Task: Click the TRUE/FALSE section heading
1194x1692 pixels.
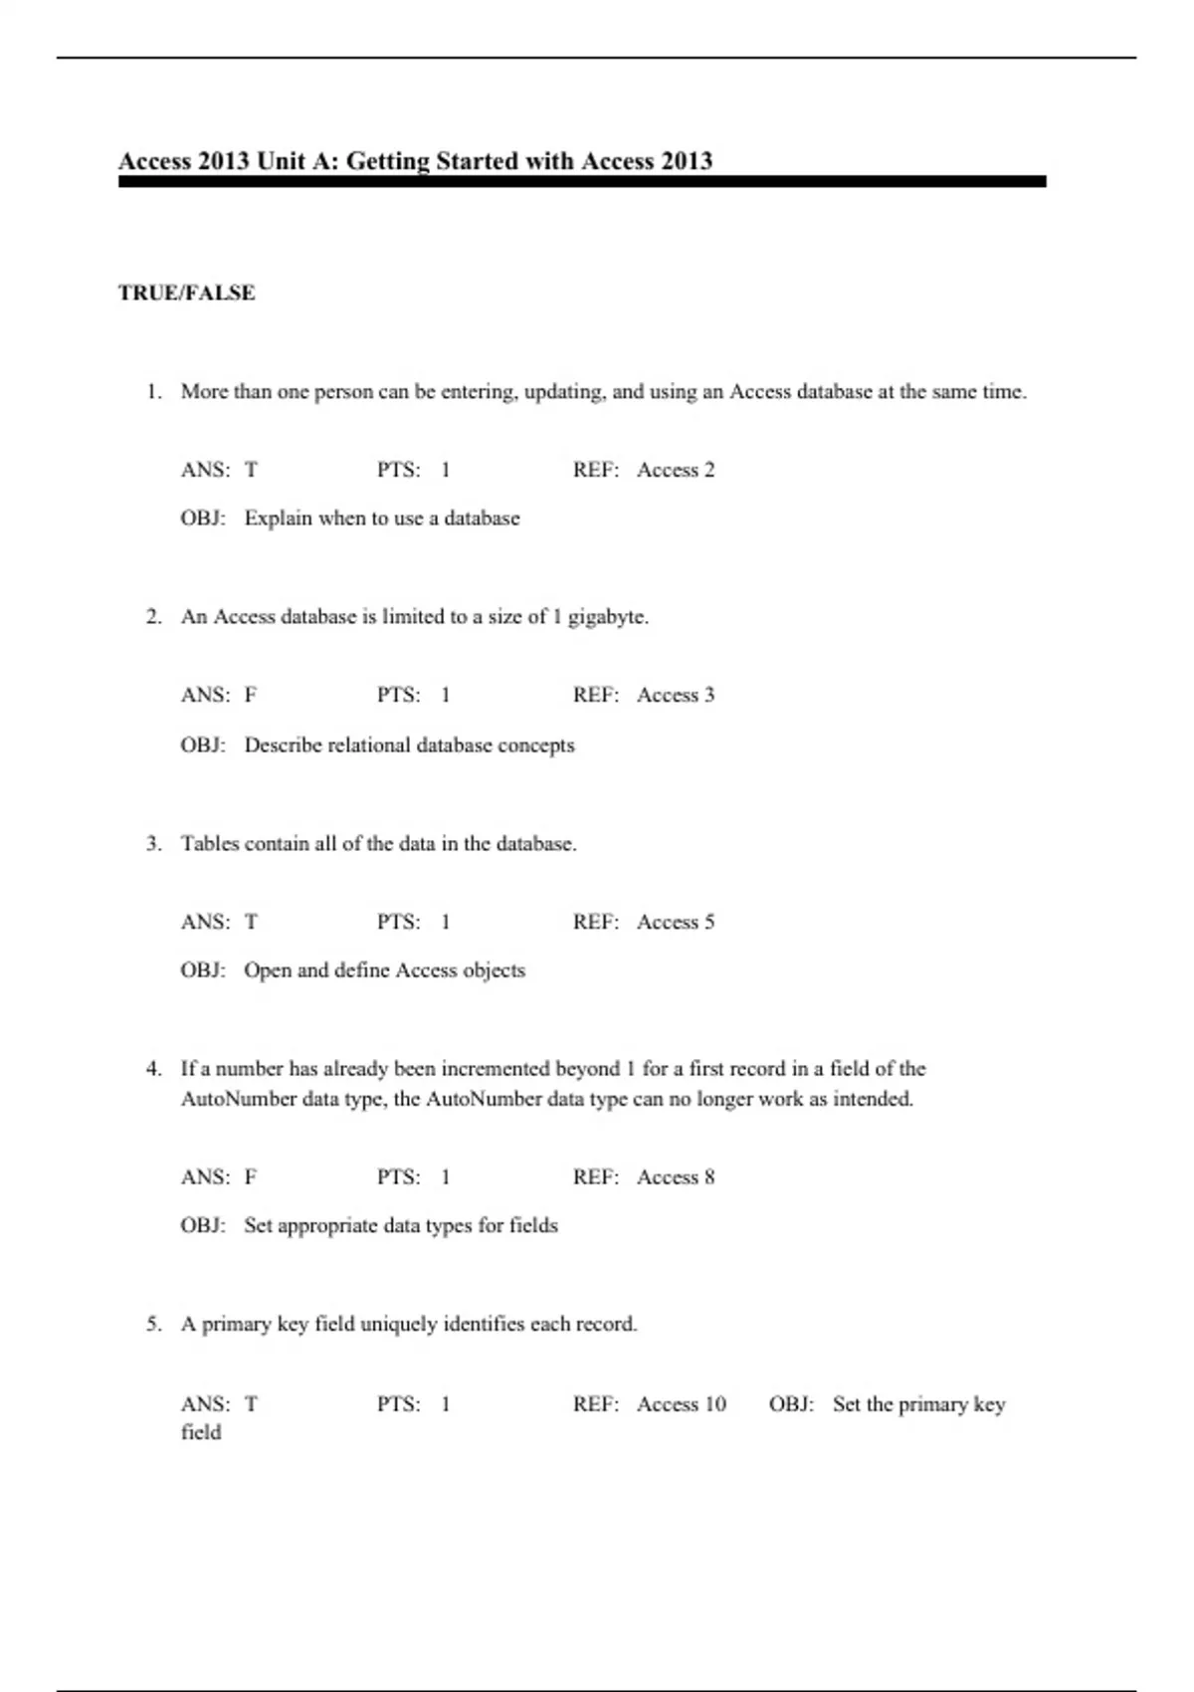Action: tap(186, 293)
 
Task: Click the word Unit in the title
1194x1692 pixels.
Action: tap(281, 161)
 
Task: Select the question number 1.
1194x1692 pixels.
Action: tap(153, 392)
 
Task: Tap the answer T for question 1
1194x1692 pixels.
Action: tap(251, 470)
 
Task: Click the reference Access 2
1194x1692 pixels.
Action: tap(676, 470)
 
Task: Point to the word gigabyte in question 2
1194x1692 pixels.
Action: tap(607, 617)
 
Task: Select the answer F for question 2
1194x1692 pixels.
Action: tap(251, 695)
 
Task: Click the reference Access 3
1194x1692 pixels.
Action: tap(676, 695)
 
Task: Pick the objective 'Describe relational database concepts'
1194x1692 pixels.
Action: tap(409, 745)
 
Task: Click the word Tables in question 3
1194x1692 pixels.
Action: tap(209, 844)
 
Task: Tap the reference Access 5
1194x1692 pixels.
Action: tap(676, 922)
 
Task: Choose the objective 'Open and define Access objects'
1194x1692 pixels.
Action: tap(384, 970)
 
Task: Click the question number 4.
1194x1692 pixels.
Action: tap(153, 1069)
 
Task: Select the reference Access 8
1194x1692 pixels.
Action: tap(676, 1177)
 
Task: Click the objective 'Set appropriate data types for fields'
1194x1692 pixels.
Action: tap(401, 1225)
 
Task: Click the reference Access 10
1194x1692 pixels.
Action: tap(682, 1404)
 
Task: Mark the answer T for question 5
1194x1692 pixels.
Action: tap(251, 1404)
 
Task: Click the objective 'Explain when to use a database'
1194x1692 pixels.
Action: tap(382, 519)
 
